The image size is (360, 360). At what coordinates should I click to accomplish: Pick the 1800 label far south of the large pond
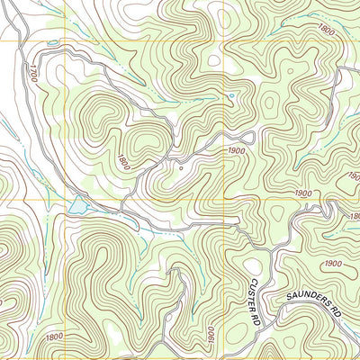pos(54,336)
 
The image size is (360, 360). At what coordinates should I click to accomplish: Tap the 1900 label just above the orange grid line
pos(302,193)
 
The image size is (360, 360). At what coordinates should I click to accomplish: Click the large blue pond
pos(78,207)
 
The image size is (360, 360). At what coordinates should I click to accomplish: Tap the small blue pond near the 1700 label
pos(51,42)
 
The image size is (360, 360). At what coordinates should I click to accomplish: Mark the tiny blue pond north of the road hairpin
pos(231,95)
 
